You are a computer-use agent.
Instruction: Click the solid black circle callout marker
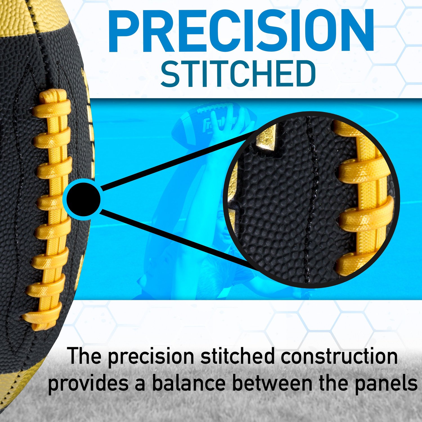pyautogui.click(x=84, y=199)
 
